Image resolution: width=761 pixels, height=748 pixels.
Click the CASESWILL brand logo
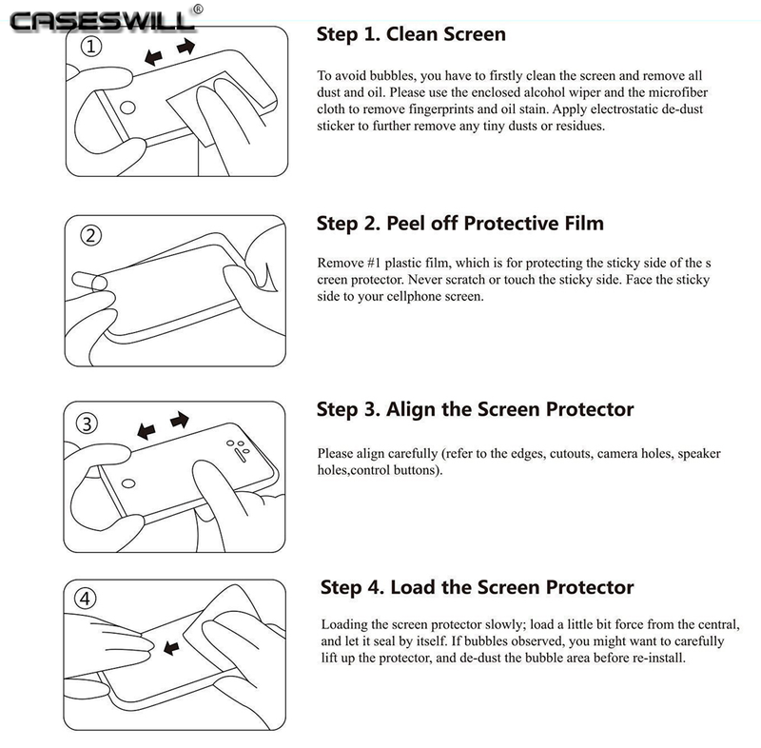click(102, 22)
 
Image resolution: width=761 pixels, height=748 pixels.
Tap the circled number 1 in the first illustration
click(90, 47)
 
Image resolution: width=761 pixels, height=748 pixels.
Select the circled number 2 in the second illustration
click(90, 236)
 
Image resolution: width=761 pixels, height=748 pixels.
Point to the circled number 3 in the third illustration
click(87, 423)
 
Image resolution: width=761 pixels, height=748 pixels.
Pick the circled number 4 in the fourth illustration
click(85, 599)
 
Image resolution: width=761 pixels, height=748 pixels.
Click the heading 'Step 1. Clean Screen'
click(411, 34)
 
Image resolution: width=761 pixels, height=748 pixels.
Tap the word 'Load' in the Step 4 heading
click(413, 587)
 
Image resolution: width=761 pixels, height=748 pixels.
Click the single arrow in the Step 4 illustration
click(171, 647)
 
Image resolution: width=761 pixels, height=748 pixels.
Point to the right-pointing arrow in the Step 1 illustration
click(185, 47)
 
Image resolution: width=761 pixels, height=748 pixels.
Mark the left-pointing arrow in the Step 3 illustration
click(146, 431)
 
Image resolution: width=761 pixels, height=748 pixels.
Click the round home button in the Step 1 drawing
click(127, 108)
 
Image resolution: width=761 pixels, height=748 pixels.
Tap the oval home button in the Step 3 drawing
click(128, 483)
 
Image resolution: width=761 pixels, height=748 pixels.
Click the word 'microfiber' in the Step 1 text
click(678, 92)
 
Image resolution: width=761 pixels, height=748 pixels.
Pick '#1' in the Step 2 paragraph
click(374, 263)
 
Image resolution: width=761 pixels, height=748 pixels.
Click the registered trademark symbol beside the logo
click(198, 10)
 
